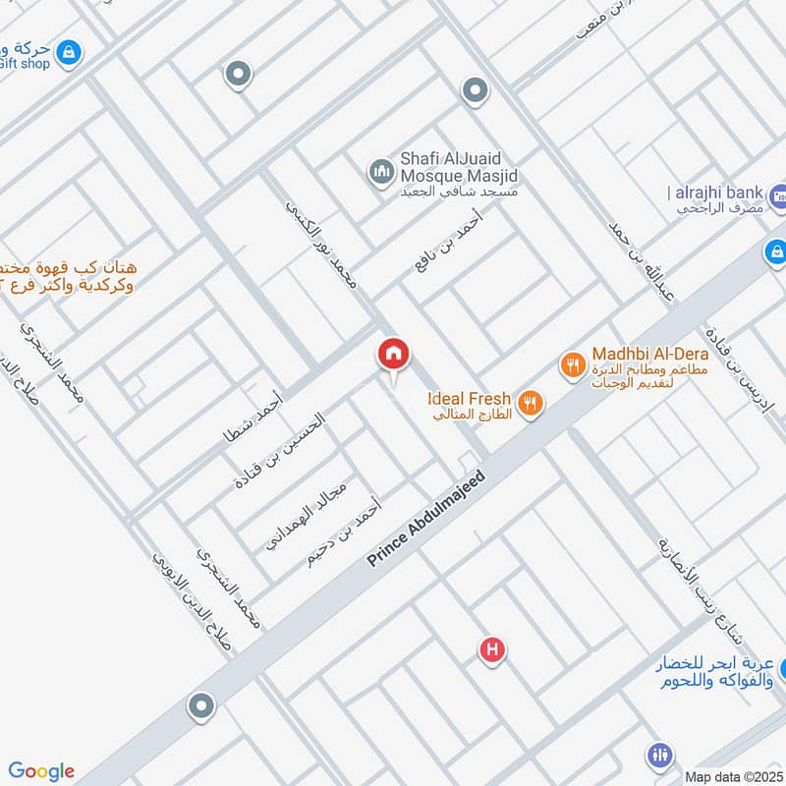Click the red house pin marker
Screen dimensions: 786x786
tap(394, 355)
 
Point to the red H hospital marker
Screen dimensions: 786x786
tap(492, 650)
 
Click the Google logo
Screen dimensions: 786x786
tap(41, 770)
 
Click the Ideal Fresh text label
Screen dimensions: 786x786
tap(469, 398)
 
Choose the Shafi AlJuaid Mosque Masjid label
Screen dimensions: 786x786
tap(458, 167)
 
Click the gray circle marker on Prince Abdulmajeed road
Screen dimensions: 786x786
tap(201, 706)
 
